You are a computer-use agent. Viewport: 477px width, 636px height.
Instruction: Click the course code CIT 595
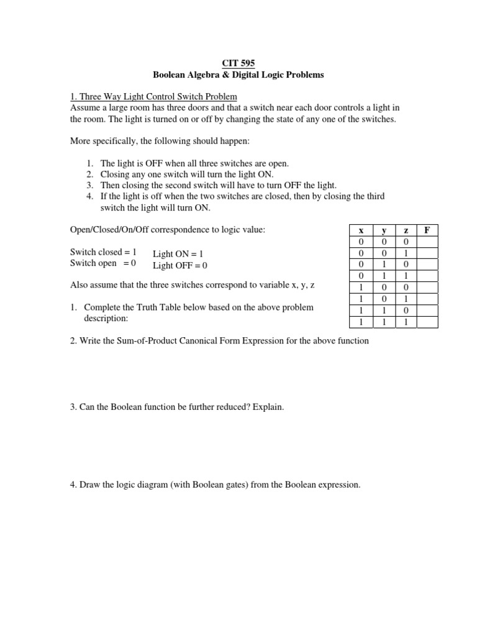click(238, 63)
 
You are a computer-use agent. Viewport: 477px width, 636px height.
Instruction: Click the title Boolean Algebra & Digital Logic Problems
click(238, 75)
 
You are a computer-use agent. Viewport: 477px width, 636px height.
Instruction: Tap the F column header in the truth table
click(426, 230)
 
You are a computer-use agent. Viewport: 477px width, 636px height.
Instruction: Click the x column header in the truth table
click(361, 230)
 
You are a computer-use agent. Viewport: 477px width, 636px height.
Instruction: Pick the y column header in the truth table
click(384, 230)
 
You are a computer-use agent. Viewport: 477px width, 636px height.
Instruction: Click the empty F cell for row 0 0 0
click(426, 241)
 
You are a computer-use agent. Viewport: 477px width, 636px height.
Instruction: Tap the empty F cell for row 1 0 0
click(426, 288)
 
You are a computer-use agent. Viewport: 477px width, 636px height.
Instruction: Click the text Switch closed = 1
click(103, 253)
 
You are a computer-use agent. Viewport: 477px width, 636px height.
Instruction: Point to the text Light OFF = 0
click(180, 265)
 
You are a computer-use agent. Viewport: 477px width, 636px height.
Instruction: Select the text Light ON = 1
click(178, 254)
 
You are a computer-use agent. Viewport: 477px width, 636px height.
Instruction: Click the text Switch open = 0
click(103, 264)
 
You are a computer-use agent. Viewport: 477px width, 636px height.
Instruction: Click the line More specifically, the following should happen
click(160, 141)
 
